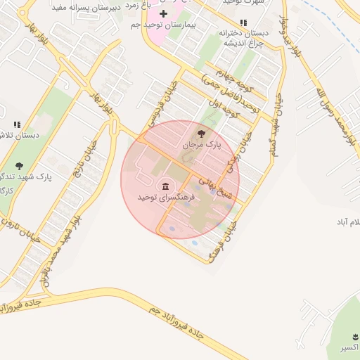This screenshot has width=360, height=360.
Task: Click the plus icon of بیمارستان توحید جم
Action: pyautogui.click(x=164, y=13)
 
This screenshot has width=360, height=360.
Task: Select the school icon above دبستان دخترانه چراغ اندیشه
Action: pyautogui.click(x=244, y=22)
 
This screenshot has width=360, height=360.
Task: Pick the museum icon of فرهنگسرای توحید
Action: pyautogui.click(x=165, y=186)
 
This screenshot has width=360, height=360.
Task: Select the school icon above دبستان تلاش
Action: pyautogui.click(x=17, y=124)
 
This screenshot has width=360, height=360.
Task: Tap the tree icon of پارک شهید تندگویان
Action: pyautogui.click(x=18, y=166)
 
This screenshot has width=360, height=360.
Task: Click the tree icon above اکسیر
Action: pyautogui.click(x=347, y=335)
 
